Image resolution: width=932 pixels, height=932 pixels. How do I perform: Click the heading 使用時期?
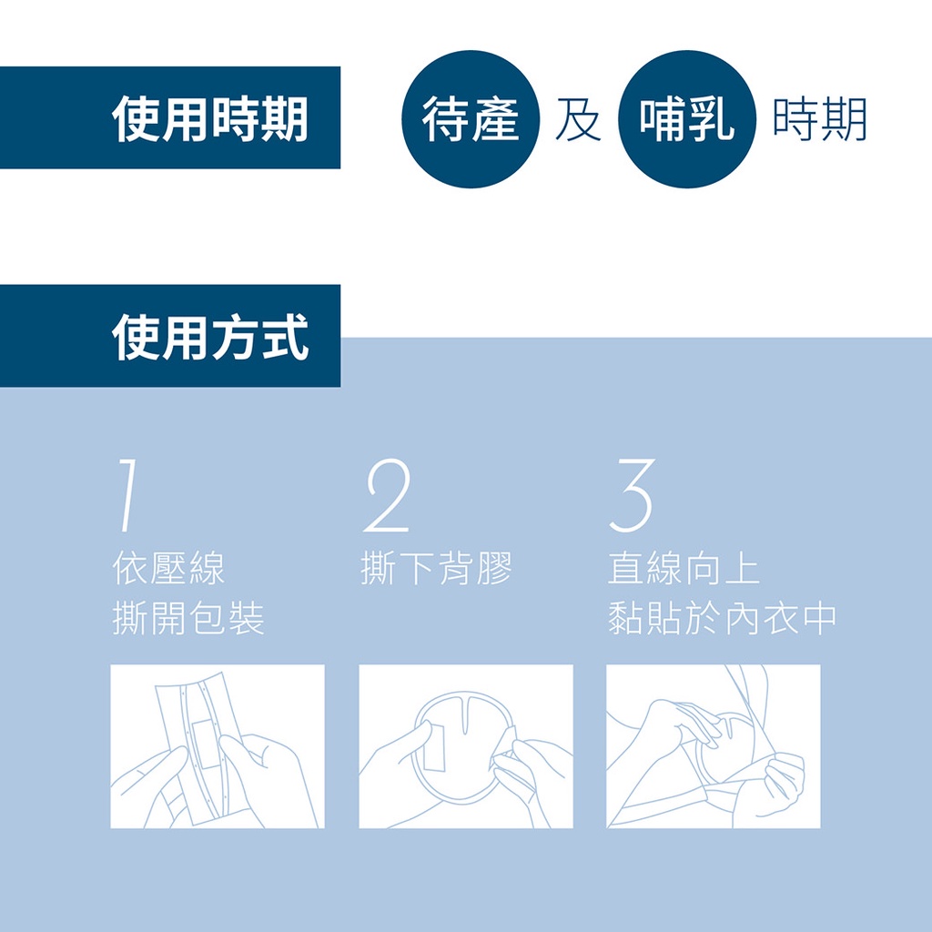pos(210,119)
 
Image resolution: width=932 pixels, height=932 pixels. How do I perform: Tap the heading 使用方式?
pos(210,337)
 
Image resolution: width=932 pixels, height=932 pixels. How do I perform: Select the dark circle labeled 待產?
pos(471,119)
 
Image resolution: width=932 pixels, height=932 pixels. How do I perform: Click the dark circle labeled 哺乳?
pos(687,119)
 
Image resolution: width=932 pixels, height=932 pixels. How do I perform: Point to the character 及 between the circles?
pos(578,119)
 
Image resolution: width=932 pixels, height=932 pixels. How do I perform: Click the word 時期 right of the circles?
pos(820,119)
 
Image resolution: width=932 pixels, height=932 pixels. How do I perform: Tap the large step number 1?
pos(125,495)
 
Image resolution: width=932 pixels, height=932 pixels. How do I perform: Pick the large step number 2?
pos(388,495)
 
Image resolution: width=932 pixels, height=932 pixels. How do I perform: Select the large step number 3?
pos(633,495)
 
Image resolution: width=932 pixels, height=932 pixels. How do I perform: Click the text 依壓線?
pos(168,568)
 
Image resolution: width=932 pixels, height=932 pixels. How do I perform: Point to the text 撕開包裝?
pos(187,618)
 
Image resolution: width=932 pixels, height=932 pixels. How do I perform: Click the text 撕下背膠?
pos(436,568)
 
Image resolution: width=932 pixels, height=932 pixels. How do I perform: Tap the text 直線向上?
pos(684,568)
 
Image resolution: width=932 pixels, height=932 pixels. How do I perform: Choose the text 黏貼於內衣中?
pos(722,618)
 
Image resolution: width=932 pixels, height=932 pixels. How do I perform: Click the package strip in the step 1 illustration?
pos(199,750)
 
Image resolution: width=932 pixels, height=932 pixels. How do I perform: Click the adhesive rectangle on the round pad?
pos(434,748)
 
